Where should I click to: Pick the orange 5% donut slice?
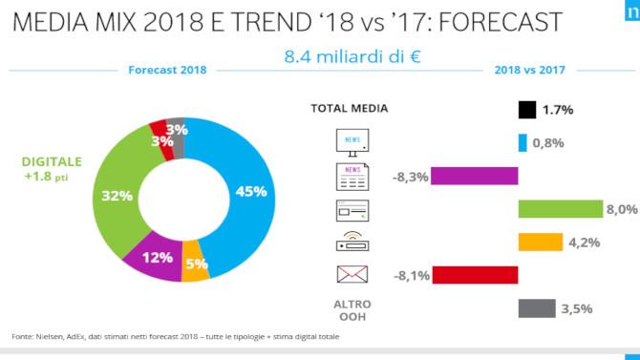coord(195,265)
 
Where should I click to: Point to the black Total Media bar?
coord(526,110)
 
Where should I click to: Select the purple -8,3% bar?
coord(475,176)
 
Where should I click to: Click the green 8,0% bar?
coord(559,209)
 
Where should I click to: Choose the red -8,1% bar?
coord(475,275)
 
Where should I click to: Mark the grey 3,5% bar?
coord(536,307)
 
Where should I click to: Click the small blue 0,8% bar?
coord(523,143)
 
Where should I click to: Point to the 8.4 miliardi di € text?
coord(352,55)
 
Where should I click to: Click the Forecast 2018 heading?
coord(167,70)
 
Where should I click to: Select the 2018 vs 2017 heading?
coord(528,70)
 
